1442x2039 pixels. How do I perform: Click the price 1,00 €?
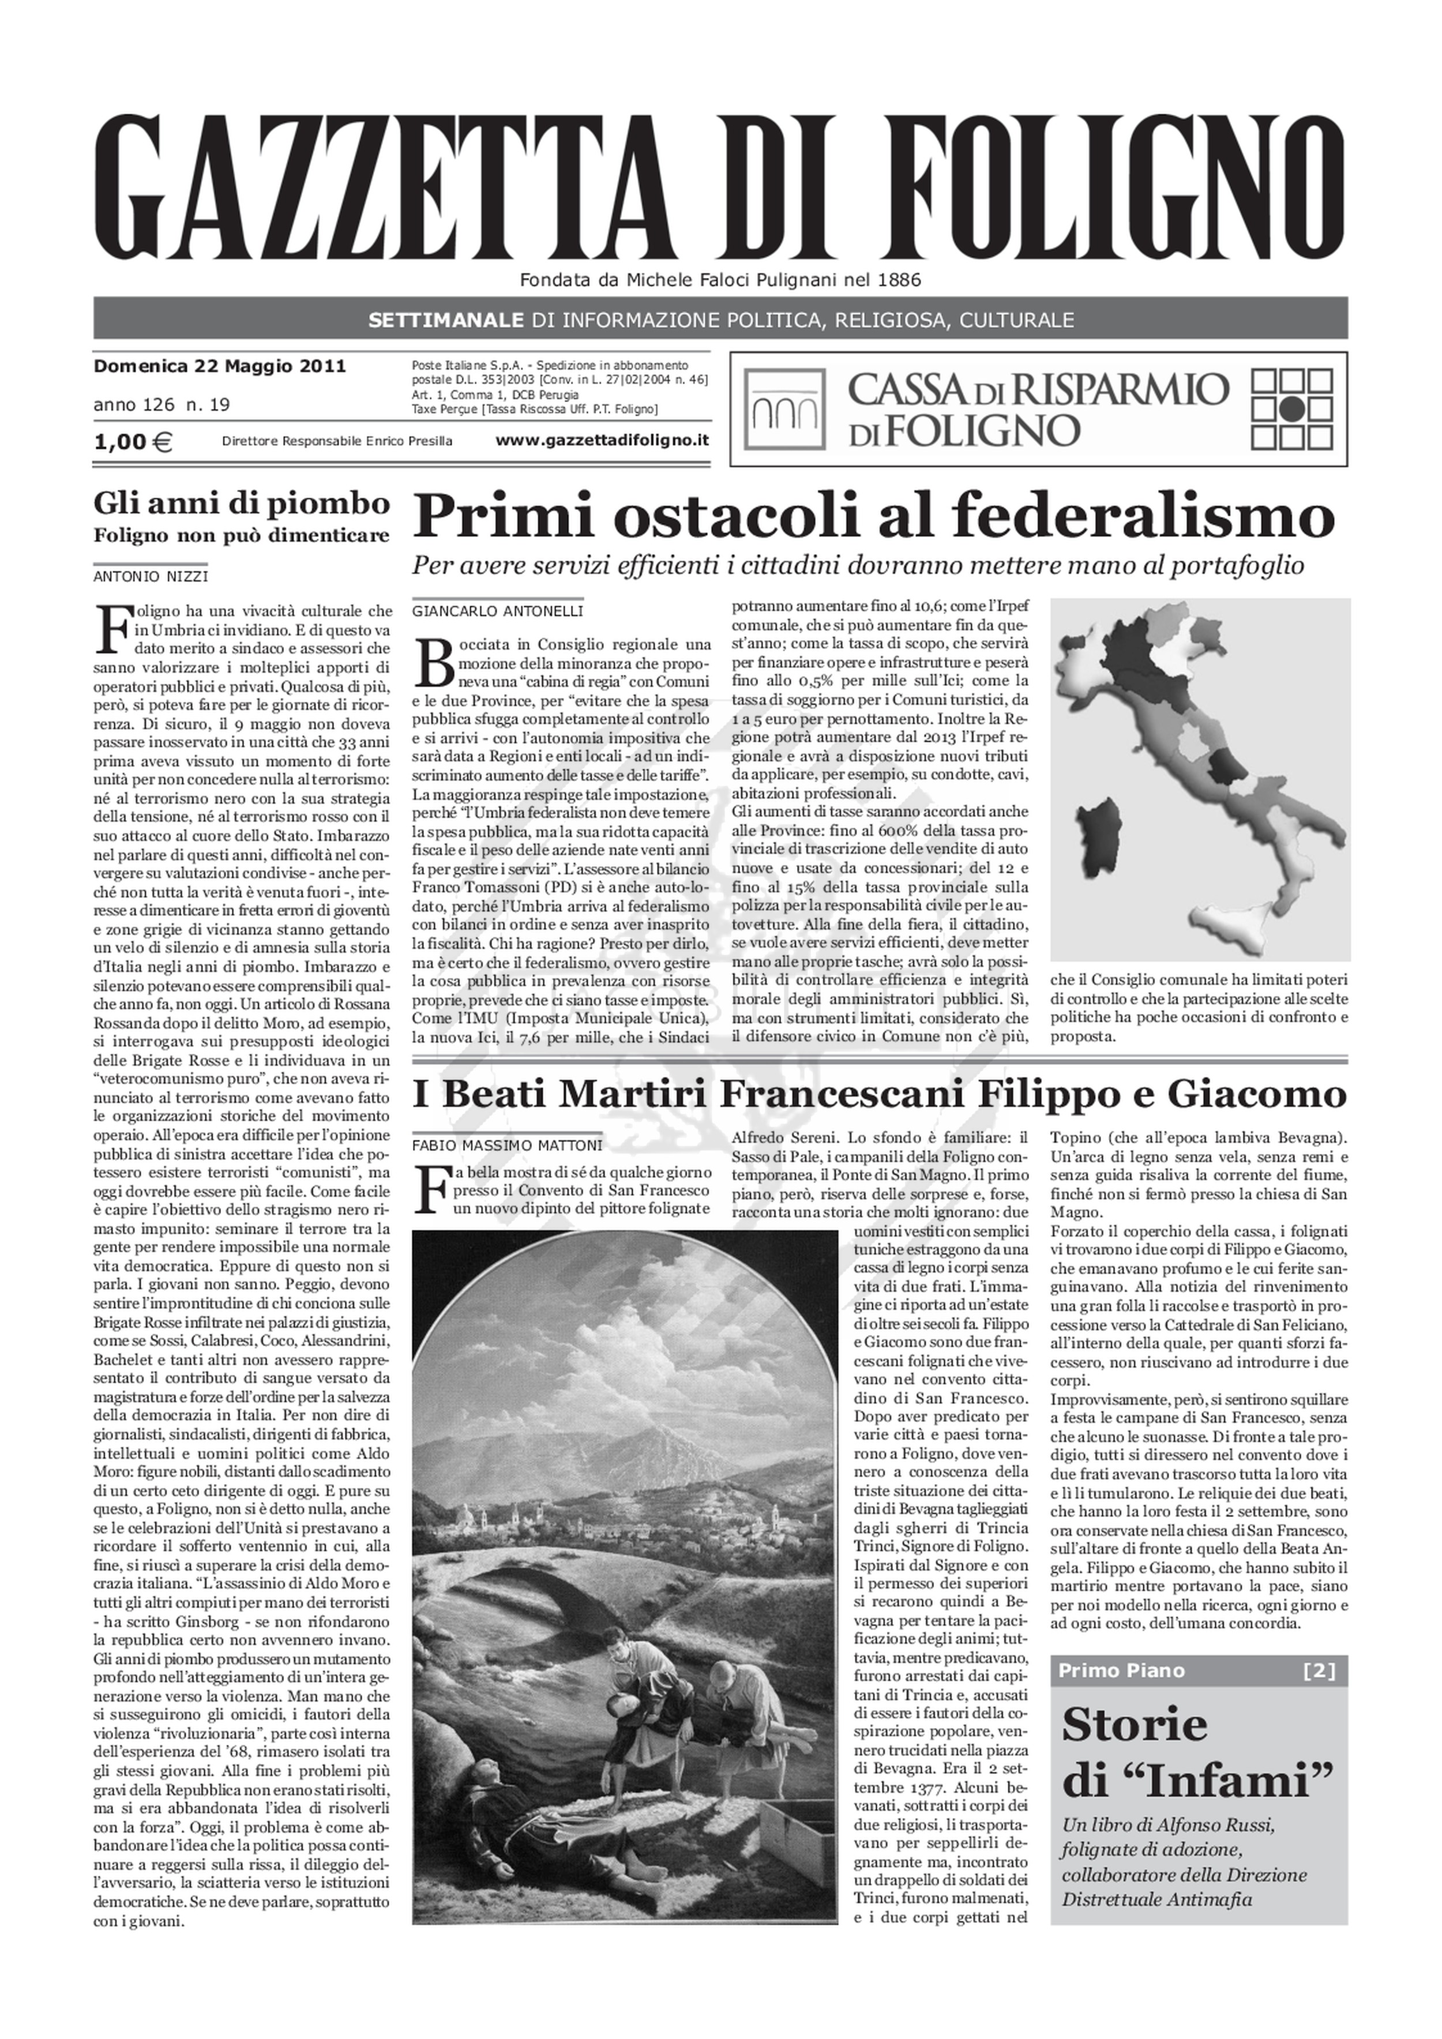133,441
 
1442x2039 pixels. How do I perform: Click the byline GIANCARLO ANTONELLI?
497,611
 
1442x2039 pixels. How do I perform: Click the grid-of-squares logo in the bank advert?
1292,408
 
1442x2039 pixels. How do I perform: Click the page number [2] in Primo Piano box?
1319,1670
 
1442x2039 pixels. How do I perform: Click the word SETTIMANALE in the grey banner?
446,320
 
